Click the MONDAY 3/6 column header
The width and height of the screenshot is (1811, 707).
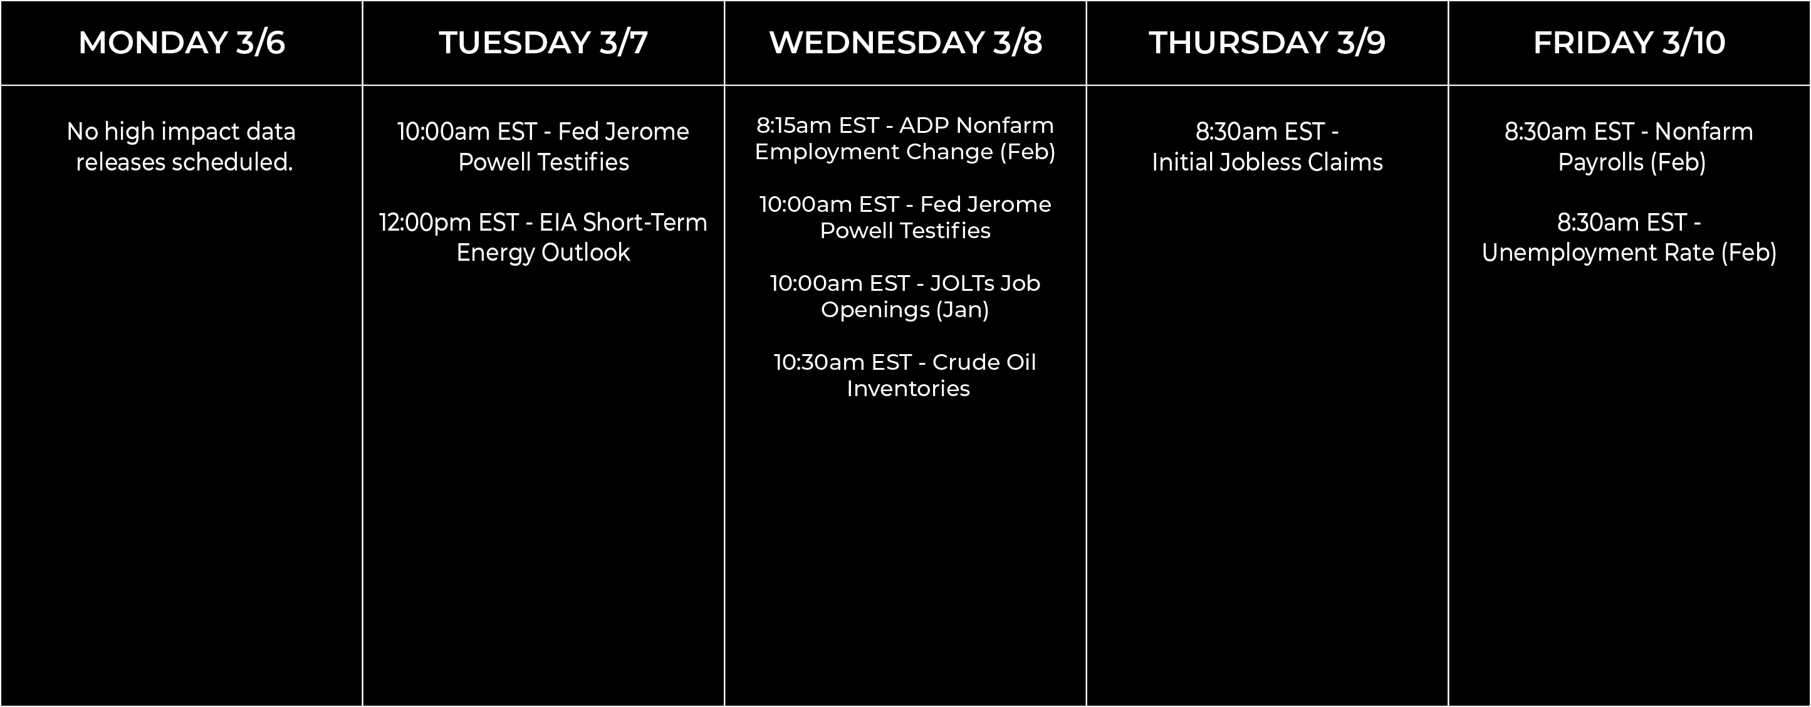coord(181,42)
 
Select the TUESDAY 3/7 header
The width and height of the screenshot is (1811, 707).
coord(543,42)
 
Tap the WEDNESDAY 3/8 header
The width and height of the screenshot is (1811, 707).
coord(906,42)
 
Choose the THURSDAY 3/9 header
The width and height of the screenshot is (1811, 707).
coord(1267,42)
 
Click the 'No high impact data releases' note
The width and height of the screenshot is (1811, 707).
coord(181,146)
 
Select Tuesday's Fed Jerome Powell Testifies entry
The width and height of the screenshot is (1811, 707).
coord(543,146)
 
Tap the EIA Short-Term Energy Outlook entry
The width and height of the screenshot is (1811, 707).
coord(543,237)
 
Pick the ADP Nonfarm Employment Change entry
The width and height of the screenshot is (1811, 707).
coord(906,138)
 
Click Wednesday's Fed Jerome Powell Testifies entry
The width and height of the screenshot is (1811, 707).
coord(906,217)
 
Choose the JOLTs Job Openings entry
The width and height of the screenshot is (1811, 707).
coord(906,296)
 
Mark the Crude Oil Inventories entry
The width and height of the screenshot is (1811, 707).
coord(906,375)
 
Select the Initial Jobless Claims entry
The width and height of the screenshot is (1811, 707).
coord(1267,146)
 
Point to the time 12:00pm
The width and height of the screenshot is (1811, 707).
coord(425,223)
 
